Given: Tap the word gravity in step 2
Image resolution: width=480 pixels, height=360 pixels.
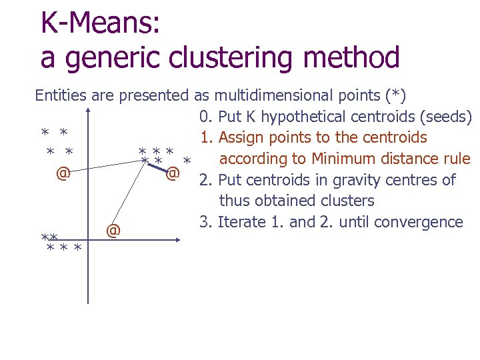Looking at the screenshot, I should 347,180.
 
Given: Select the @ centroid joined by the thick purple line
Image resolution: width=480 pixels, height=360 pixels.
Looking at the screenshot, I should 172,174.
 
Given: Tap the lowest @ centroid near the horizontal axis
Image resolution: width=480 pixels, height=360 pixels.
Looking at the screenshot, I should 113,231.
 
